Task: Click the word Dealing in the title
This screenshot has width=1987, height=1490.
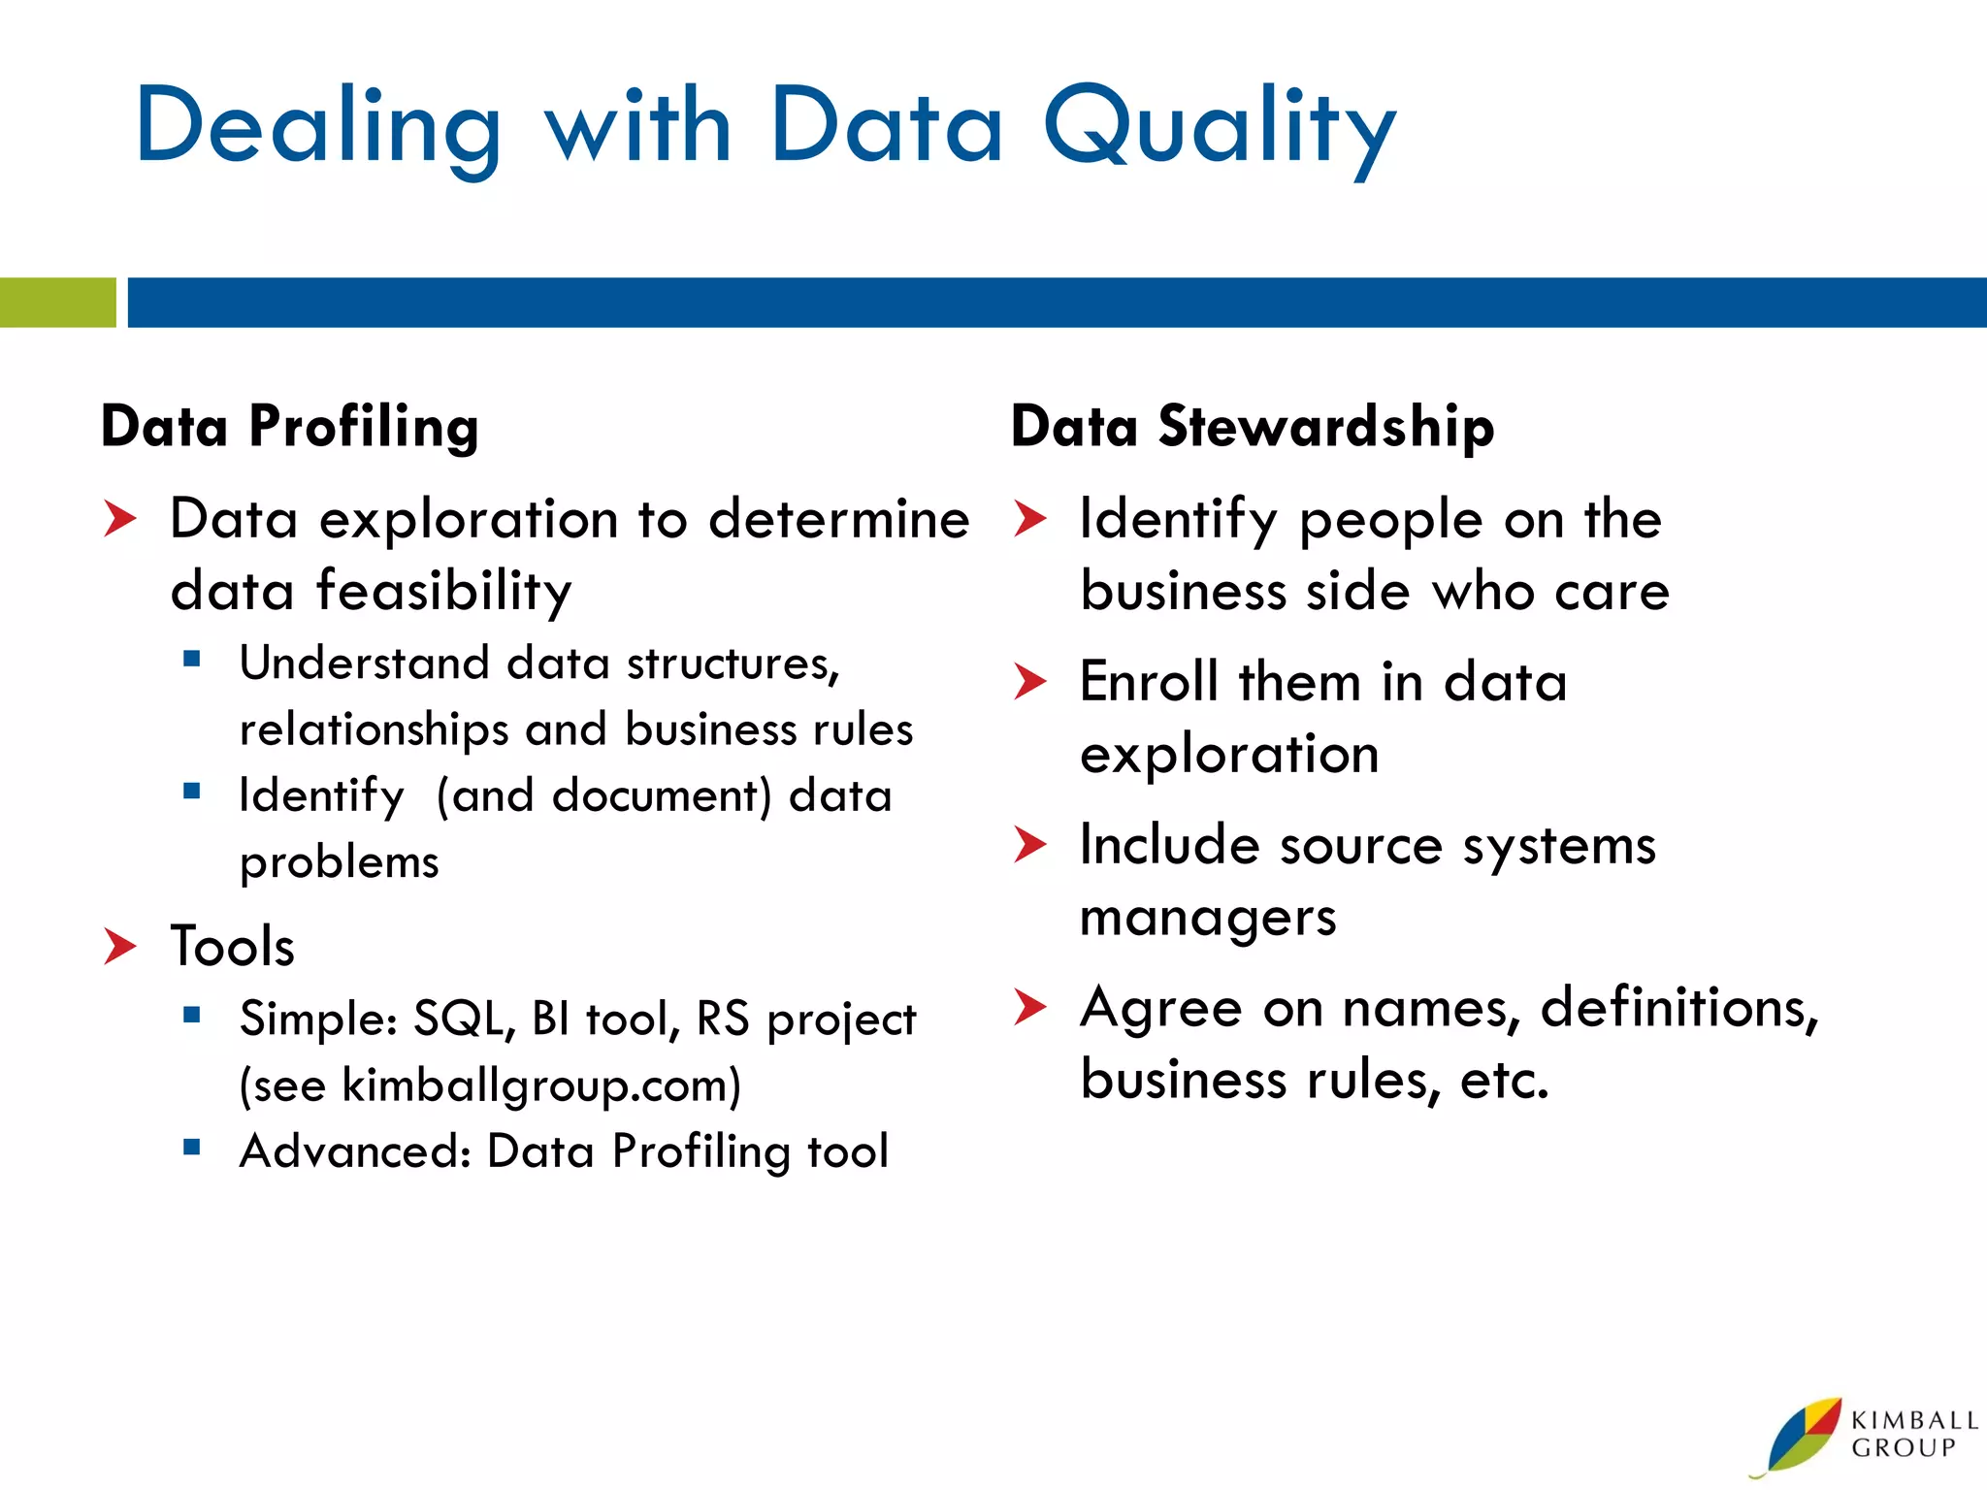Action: coord(318,128)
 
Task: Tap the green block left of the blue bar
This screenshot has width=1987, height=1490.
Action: coord(57,303)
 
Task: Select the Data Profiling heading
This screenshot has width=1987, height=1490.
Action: coord(290,426)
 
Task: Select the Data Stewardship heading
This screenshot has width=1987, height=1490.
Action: coord(1252,426)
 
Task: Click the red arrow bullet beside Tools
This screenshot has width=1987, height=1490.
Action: coord(120,946)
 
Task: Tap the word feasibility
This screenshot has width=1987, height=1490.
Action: coord(444,590)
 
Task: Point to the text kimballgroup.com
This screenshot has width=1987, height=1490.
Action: coord(535,1085)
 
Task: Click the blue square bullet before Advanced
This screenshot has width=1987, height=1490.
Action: coord(191,1149)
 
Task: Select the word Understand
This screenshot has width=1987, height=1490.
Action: coord(364,664)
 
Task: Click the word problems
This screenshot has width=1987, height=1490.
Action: coord(339,862)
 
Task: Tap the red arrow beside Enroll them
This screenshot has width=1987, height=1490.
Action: coord(1029,682)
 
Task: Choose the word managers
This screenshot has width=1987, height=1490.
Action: coord(1208,917)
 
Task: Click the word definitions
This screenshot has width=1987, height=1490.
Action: coord(1678,1008)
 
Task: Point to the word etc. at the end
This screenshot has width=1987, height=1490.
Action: coord(1504,1080)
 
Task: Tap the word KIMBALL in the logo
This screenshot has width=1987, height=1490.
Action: coord(1914,1420)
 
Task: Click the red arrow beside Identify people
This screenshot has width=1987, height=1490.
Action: coord(1029,519)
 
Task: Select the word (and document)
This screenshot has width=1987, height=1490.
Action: coord(603,796)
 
